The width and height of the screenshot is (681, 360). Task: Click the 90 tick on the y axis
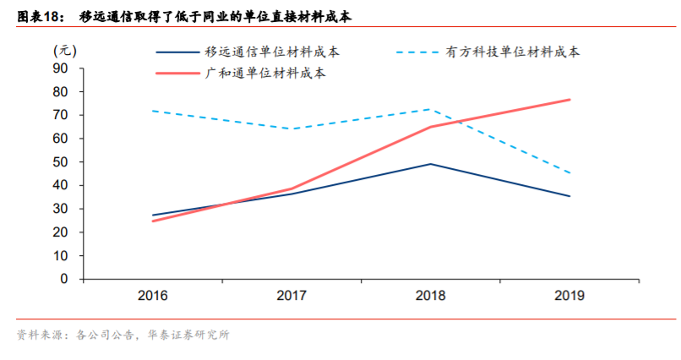coord(61,68)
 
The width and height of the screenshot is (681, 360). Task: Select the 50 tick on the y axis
coord(61,161)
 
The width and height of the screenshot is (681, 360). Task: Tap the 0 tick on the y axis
coord(65,279)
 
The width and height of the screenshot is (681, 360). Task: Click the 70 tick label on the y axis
coord(61,114)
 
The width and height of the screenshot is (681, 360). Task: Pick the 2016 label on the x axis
coord(152,297)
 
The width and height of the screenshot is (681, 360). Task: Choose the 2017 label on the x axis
coord(291,297)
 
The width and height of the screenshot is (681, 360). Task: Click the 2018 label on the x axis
coord(431,297)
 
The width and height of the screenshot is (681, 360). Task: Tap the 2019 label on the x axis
coord(569,297)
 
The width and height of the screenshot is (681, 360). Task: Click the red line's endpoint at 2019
coord(569,100)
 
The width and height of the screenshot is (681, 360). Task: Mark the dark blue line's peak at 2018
coord(431,164)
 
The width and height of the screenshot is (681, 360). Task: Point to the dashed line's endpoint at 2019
coord(569,173)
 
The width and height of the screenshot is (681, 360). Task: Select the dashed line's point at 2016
coord(152,111)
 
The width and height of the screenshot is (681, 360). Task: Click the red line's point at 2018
coord(431,127)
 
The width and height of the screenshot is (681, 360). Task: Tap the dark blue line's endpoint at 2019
coord(569,196)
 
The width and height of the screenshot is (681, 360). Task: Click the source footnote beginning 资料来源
coord(123,335)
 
